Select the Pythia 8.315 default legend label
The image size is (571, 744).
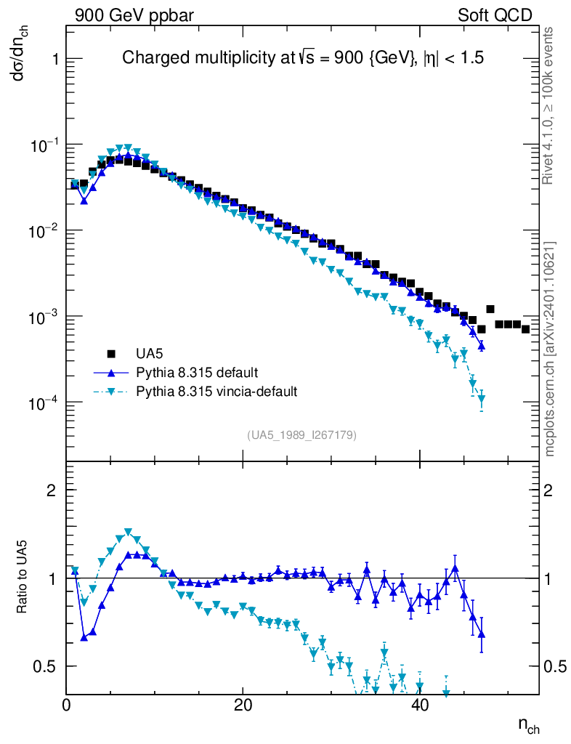[x=196, y=373]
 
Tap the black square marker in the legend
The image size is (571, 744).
[x=112, y=354]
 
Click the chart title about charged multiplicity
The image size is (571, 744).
[x=302, y=58]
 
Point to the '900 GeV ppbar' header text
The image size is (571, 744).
[x=134, y=15]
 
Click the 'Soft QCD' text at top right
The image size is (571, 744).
[x=495, y=15]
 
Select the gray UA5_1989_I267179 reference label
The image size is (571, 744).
[x=302, y=434]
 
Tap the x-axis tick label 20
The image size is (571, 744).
[x=243, y=705]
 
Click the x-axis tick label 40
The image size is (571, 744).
[x=419, y=705]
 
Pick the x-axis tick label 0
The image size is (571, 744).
[x=67, y=705]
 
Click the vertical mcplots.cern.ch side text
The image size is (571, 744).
[x=549, y=349]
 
